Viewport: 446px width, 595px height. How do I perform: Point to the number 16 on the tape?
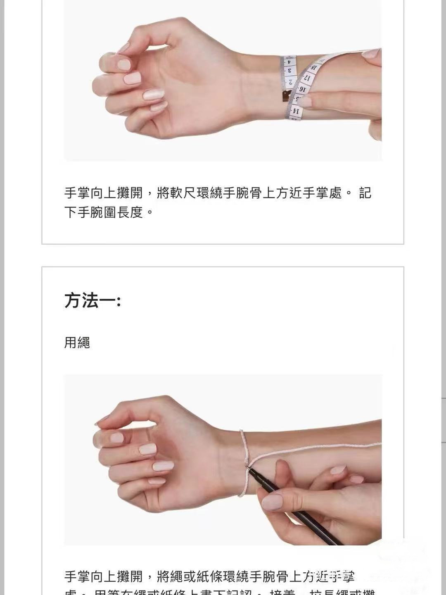303,88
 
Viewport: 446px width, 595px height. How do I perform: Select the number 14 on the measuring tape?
295,111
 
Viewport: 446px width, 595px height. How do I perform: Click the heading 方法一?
93,300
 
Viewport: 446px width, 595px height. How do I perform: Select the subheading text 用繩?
77,343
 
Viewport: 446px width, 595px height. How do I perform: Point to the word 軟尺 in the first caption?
183,193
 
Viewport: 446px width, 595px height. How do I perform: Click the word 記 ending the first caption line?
365,193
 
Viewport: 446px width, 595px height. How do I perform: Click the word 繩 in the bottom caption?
183,576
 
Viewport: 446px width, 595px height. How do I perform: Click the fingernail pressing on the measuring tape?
305,101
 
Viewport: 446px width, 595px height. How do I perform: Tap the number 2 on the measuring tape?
290,82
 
